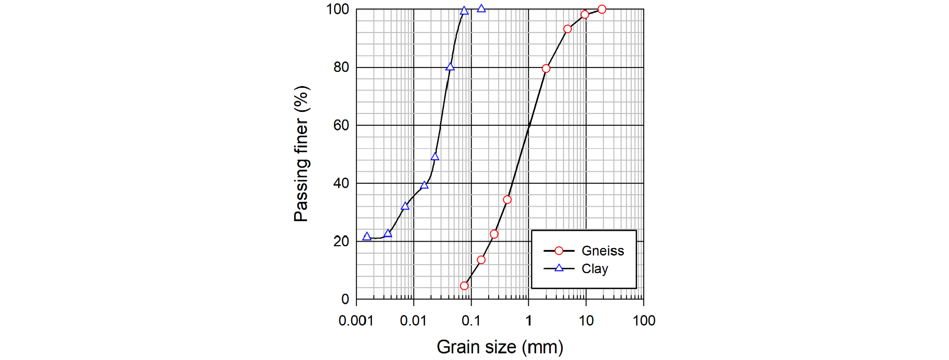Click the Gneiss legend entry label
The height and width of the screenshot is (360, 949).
coord(603,251)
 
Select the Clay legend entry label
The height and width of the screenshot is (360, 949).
coord(595,269)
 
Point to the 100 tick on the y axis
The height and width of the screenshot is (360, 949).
coord(337,9)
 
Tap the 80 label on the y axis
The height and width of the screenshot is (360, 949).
coord(341,67)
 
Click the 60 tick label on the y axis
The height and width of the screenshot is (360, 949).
coord(341,125)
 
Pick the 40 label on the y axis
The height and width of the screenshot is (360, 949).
coord(341,183)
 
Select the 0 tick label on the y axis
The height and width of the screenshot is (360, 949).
coord(345,299)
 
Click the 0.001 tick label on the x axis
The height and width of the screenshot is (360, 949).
coord(356,321)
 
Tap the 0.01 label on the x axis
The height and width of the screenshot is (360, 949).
coord(413,321)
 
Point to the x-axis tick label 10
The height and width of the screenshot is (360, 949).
coord(586,321)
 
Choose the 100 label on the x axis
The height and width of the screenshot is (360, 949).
coord(644,321)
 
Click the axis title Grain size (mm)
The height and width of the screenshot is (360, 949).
coord(500,347)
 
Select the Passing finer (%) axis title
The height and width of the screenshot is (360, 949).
coord(301,154)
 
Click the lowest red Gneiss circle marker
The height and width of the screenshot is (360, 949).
coord(464,286)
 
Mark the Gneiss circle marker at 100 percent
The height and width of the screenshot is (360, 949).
coord(602,9)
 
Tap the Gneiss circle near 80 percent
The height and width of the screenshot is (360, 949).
coord(546,69)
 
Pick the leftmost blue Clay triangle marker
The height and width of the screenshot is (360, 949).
coord(367,237)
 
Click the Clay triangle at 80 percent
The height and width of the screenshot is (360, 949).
coord(450,67)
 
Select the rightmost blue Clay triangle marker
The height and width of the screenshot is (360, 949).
coord(481,9)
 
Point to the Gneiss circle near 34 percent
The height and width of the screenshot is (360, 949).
coord(507,200)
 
